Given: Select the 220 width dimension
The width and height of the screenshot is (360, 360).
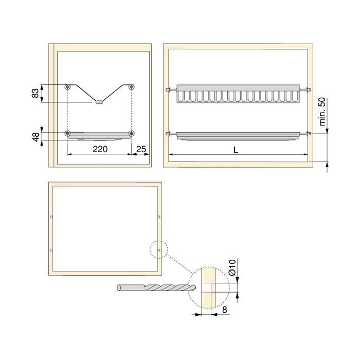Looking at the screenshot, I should [x=100, y=150].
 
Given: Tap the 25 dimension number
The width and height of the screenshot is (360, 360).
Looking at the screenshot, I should [x=141, y=150].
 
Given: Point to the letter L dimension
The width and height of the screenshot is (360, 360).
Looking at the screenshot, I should [x=236, y=150].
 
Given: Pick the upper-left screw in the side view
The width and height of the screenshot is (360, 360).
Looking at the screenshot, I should [x=68, y=86].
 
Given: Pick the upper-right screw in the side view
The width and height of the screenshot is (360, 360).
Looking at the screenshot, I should [x=132, y=86].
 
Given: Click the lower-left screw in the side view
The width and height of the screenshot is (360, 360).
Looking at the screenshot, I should [x=68, y=134].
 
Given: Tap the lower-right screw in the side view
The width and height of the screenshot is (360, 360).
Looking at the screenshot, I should [x=132, y=134].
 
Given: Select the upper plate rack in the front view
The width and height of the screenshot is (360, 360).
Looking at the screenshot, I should [x=237, y=94].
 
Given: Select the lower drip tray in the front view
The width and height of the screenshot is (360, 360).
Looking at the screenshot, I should [x=237, y=136].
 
